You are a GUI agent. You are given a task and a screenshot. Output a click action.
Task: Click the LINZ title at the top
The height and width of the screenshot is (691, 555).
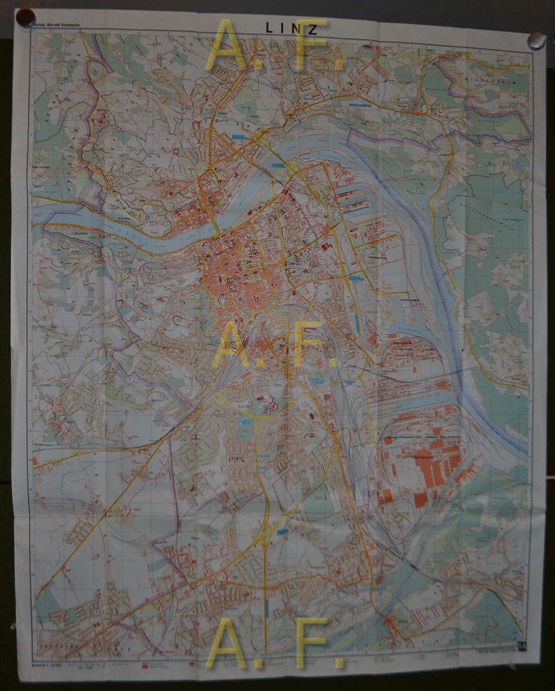coord(291,28)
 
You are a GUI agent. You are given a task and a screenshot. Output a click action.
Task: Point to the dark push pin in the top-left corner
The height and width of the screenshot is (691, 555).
coord(26,17)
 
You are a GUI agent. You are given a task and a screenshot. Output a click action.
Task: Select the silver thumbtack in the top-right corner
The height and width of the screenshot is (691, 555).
coord(536,40)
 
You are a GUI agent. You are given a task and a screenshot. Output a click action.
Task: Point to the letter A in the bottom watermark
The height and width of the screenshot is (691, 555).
coord(229,643)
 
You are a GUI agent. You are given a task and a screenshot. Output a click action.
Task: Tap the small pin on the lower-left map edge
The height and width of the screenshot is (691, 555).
coord(14,626)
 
